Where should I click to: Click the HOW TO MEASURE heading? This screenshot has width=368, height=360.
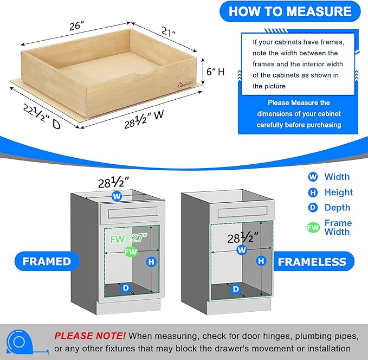(290, 11)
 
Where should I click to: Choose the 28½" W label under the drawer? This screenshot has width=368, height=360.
(144, 115)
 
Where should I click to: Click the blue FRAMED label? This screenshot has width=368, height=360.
(47, 261)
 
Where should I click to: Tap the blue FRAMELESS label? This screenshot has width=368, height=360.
(312, 262)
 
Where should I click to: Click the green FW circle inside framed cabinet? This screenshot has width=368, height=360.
(130, 252)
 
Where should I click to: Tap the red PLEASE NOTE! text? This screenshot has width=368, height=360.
(89, 336)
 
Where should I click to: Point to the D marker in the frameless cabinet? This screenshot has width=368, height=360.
(236, 290)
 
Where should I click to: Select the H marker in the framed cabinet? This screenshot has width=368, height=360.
(151, 262)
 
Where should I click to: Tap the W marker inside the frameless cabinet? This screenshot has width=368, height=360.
(241, 250)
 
